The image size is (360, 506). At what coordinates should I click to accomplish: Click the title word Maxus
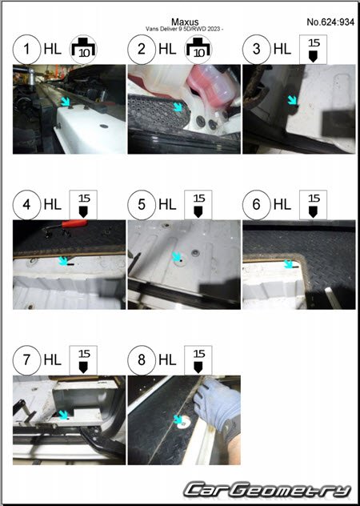click(x=185, y=22)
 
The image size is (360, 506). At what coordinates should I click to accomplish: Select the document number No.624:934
click(x=330, y=22)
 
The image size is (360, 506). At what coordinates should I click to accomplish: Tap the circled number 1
click(x=26, y=50)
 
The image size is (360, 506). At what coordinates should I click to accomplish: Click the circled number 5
click(x=142, y=205)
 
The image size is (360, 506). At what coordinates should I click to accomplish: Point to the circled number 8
click(x=142, y=360)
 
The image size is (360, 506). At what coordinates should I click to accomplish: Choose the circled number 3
click(x=257, y=50)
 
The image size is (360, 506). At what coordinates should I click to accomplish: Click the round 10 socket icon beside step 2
click(x=198, y=50)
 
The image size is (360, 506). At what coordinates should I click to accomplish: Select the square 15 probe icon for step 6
click(x=313, y=205)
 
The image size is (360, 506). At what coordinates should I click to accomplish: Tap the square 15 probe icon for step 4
click(x=83, y=205)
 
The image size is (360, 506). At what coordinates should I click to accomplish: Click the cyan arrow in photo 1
click(x=66, y=102)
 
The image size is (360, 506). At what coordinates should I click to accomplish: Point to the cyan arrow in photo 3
click(x=293, y=100)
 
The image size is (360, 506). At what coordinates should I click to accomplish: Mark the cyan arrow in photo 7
click(x=63, y=415)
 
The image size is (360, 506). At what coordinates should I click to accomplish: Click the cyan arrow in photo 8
click(x=178, y=420)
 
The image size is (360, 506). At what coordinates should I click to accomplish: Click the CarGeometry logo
click(x=267, y=491)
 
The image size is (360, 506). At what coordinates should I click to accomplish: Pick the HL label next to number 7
click(x=53, y=360)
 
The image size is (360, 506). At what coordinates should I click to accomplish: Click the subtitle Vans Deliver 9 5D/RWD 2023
click(x=184, y=29)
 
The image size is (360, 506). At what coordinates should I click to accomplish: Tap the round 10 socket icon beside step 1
click(x=83, y=50)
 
